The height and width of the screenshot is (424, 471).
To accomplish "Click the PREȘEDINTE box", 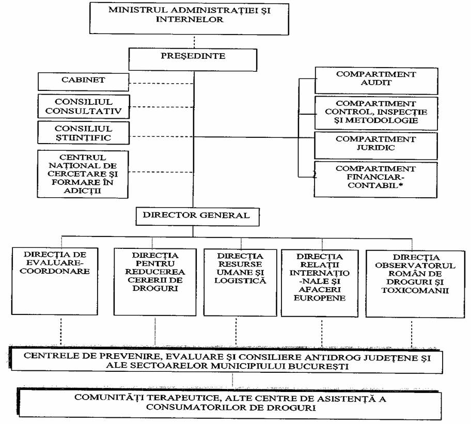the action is [x=193, y=60].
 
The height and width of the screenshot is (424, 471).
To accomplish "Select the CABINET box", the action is [x=83, y=82].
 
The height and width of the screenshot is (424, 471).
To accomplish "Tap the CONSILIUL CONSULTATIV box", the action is [x=84, y=106].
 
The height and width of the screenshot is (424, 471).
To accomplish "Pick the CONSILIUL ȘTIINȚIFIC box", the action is [x=84, y=133].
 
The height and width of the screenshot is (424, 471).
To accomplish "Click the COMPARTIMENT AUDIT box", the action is [x=376, y=81].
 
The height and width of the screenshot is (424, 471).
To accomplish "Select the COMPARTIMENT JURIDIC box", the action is [x=376, y=145].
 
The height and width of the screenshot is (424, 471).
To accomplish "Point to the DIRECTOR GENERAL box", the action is [x=197, y=216].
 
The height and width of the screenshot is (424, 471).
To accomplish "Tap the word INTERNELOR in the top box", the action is [x=190, y=20].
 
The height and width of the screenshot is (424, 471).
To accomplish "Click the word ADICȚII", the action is [x=82, y=191].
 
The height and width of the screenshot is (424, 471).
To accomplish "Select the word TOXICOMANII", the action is [x=415, y=290].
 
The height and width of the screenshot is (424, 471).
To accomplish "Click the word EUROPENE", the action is [x=320, y=298].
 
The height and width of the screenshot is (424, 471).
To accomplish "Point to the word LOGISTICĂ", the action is [x=240, y=281].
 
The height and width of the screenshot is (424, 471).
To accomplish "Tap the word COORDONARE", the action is [x=55, y=271].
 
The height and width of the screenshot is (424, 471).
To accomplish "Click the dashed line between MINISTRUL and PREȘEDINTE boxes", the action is [x=194, y=42].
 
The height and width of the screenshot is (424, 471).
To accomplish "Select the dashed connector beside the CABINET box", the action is [x=161, y=83].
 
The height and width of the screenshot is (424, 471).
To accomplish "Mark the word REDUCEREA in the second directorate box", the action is [x=155, y=272].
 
